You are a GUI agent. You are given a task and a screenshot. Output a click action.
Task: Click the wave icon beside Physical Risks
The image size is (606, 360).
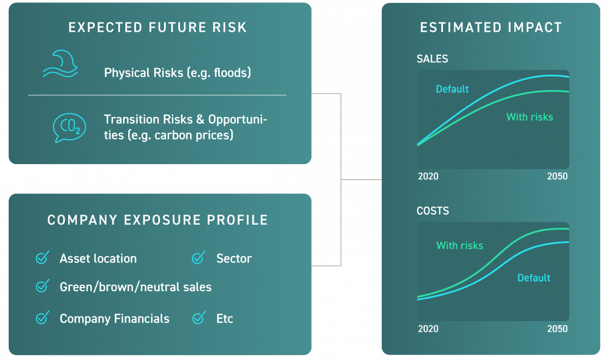point(61,64)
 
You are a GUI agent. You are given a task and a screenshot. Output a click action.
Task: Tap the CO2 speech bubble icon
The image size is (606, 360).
point(69,128)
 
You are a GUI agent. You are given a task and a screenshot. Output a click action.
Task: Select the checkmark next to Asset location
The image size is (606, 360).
point(42,257)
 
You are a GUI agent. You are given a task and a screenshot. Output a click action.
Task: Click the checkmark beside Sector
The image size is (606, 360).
point(198,257)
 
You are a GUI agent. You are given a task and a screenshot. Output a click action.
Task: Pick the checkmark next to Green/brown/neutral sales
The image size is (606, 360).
point(42,286)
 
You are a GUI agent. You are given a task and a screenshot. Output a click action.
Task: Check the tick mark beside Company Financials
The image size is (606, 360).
point(42,318)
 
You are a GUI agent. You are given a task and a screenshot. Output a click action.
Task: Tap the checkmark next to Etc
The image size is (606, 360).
point(199,318)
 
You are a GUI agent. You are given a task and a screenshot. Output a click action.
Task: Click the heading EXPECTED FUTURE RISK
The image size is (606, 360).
point(157,28)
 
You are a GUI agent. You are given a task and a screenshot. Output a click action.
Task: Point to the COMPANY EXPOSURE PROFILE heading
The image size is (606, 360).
point(157,220)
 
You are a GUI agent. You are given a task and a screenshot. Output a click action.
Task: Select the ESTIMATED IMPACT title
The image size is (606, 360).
point(491,28)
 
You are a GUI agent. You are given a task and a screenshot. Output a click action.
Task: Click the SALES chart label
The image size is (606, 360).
point(432,59)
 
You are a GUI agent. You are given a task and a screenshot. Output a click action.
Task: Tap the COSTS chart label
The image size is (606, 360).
point(432,211)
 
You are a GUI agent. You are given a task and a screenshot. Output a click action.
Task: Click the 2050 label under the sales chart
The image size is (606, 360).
point(557,176)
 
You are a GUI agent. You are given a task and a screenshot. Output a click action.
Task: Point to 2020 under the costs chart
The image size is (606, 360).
point(428,329)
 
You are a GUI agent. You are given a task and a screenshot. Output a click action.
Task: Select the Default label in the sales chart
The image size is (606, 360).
point(452,89)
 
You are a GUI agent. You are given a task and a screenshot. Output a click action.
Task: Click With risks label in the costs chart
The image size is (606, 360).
point(460,246)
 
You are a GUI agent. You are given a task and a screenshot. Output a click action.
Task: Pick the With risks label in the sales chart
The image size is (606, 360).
point(530,117)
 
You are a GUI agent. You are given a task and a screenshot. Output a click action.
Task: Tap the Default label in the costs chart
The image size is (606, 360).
point(534,278)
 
